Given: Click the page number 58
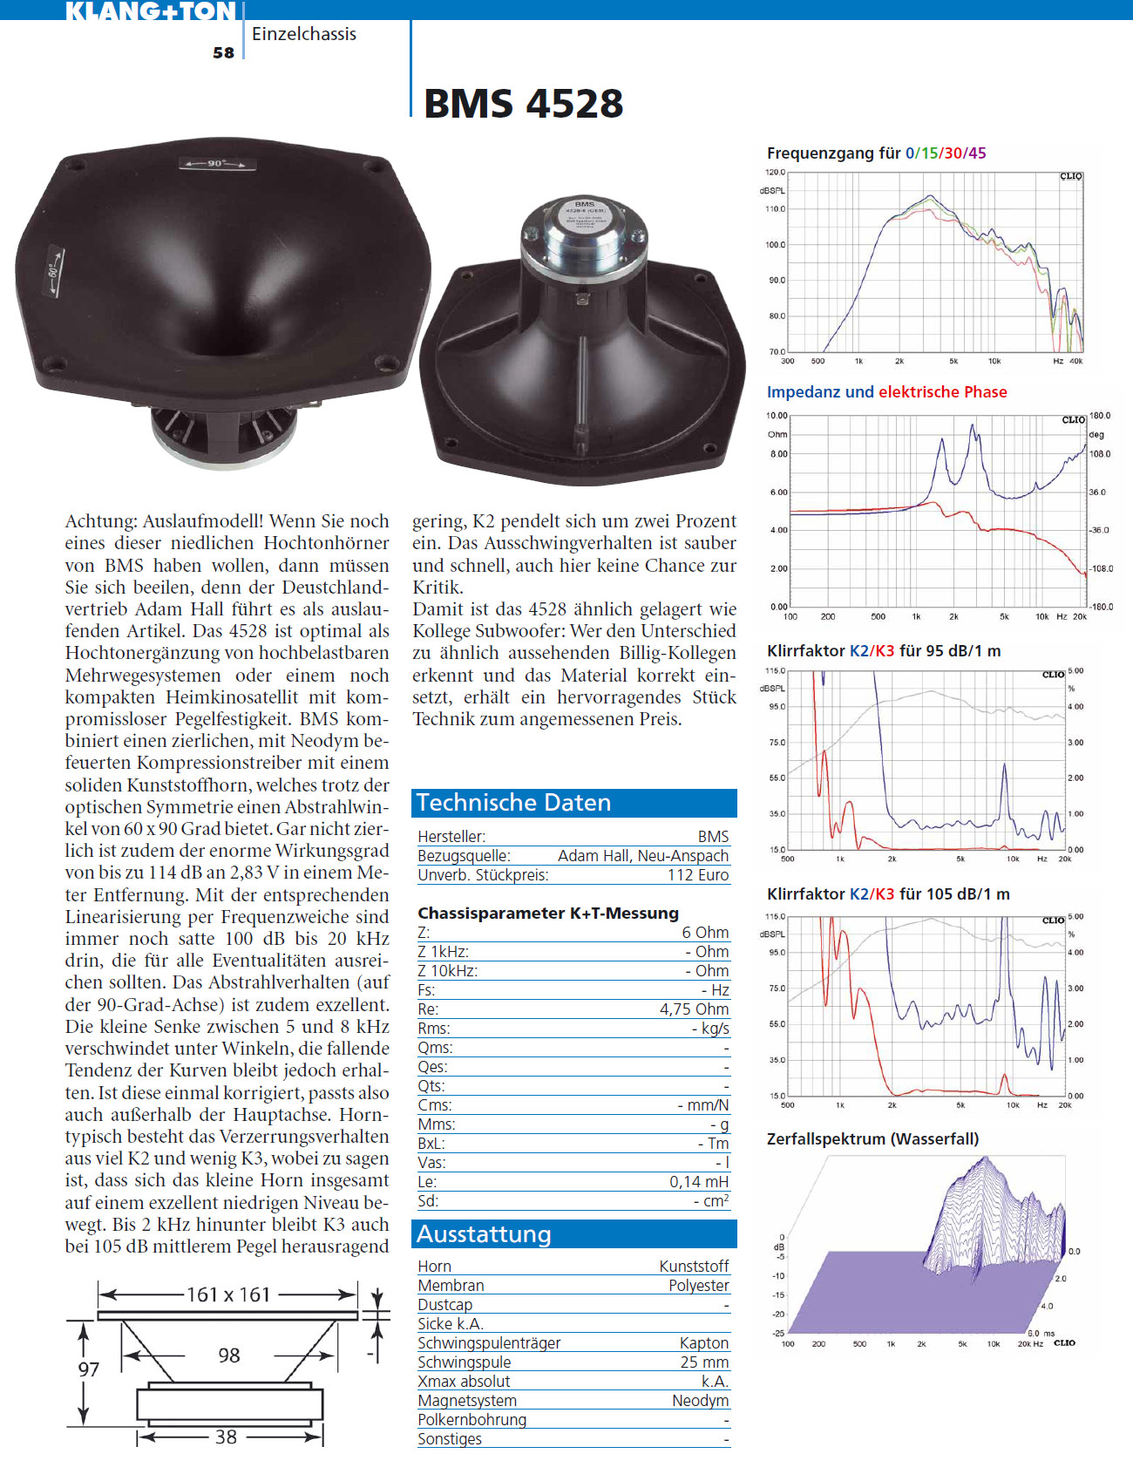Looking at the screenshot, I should pyautogui.click(x=223, y=52).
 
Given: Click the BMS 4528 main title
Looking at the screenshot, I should pyautogui.click(x=523, y=104).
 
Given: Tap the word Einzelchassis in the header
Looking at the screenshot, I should pyautogui.click(x=304, y=34).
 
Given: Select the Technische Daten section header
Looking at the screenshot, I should pyautogui.click(x=513, y=802).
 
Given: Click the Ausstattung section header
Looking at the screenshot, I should pyautogui.click(x=484, y=1233).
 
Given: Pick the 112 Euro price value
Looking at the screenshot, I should pyautogui.click(x=698, y=875).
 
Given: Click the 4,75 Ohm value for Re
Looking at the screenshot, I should pyautogui.click(x=694, y=1009).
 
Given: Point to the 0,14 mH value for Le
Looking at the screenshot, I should pyautogui.click(x=699, y=1181).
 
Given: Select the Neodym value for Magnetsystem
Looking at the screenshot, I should pyautogui.click(x=700, y=1400).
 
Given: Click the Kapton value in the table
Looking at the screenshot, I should pyautogui.click(x=704, y=1342).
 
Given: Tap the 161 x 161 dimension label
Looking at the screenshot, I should pyautogui.click(x=228, y=1294).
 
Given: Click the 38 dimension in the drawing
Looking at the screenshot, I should pyautogui.click(x=226, y=1437).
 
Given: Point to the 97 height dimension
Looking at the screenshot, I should pyautogui.click(x=89, y=1369).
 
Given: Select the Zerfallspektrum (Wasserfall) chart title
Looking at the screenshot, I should pyautogui.click(x=872, y=1138).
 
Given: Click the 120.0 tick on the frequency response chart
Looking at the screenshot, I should pyautogui.click(x=776, y=173).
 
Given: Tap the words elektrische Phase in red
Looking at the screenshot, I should pyautogui.click(x=942, y=392).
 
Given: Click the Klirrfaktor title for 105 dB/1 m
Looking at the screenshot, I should pyautogui.click(x=888, y=893).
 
